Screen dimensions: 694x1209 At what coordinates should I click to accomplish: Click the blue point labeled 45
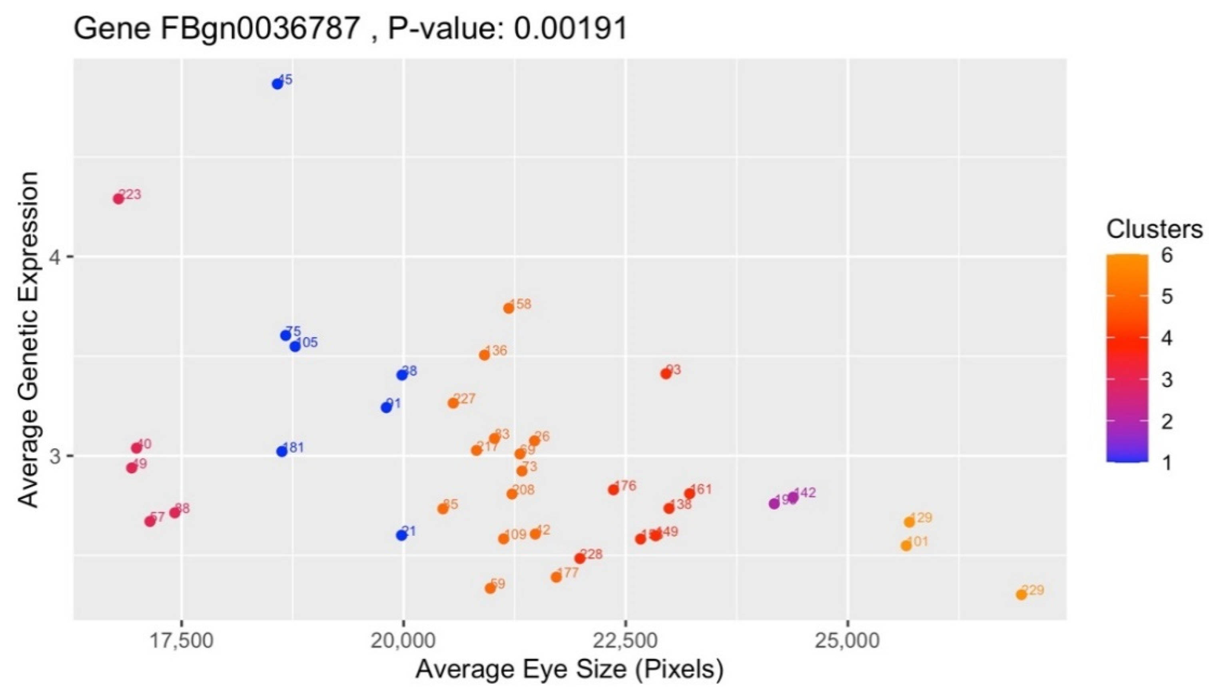(x=277, y=84)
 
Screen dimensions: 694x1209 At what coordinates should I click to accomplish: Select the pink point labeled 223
(x=118, y=199)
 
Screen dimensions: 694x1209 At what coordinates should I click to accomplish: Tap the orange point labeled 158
(x=509, y=308)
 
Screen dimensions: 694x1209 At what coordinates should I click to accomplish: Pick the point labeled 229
(x=1021, y=595)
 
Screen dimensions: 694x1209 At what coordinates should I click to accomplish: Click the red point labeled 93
(x=666, y=374)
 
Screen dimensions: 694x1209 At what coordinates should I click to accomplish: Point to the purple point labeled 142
(x=793, y=497)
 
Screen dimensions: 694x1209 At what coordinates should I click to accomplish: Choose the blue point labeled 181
(x=282, y=451)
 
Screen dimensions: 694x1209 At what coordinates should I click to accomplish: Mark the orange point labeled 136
(x=485, y=355)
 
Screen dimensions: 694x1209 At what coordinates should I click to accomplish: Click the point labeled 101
(x=906, y=546)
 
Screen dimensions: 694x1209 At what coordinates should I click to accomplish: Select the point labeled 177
(x=556, y=577)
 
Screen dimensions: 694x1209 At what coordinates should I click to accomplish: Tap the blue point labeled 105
(x=295, y=346)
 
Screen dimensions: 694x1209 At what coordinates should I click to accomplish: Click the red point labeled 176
(x=613, y=489)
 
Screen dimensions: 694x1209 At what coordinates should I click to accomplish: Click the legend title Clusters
(x=1154, y=230)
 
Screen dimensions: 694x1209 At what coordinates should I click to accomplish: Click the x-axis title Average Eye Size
(x=570, y=670)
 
